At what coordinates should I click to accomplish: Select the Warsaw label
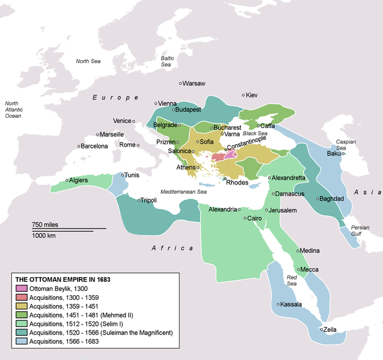pos(194,83)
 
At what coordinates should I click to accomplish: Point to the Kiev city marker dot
pos(242,95)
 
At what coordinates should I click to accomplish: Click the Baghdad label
pos(331,198)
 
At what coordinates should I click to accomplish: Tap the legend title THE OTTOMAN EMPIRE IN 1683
pos(63,279)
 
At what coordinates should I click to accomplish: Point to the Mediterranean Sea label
pos(183,191)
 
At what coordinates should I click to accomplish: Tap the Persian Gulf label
pos(360,231)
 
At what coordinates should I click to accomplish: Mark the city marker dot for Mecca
pos(298,269)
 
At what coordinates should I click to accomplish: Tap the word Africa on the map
pos(172,248)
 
